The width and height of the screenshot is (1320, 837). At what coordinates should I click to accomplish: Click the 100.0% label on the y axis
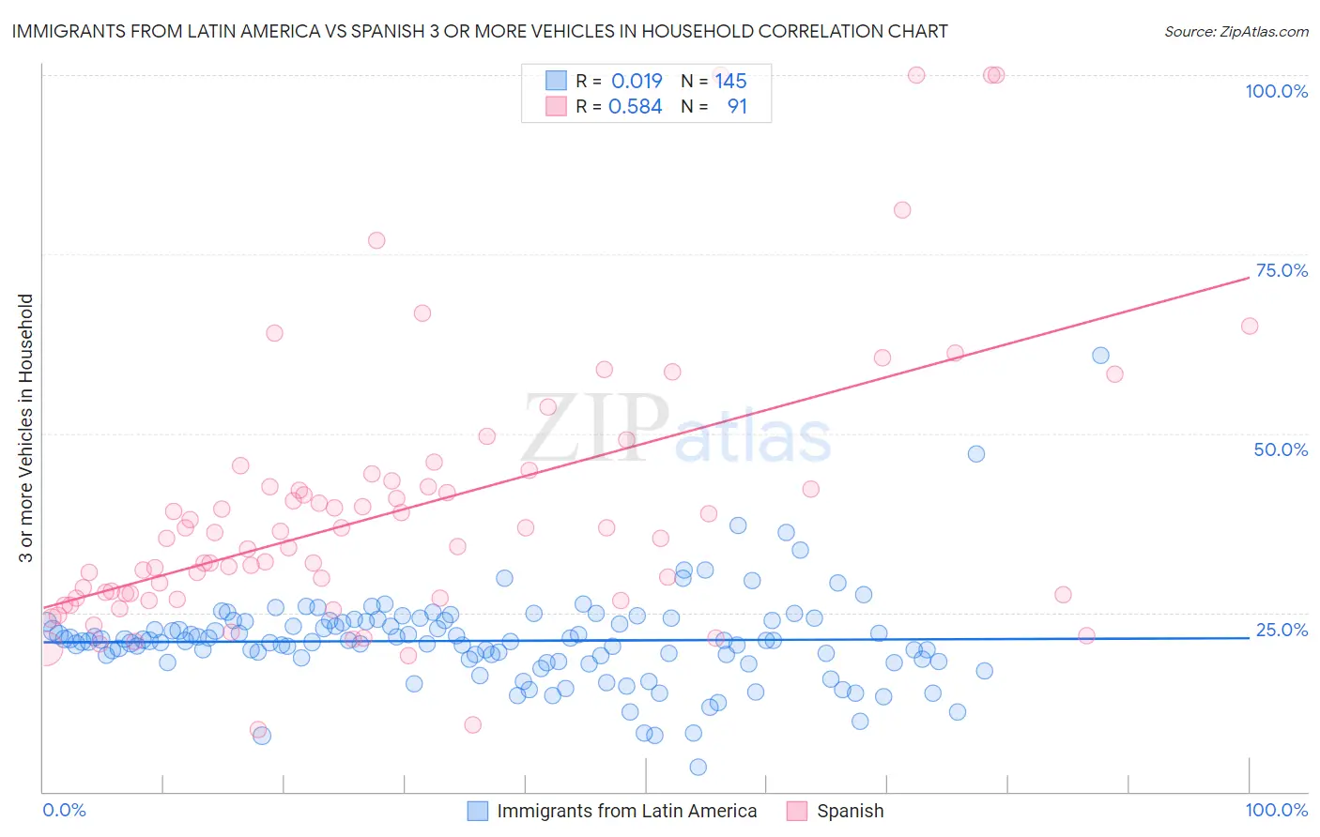tap(1276, 91)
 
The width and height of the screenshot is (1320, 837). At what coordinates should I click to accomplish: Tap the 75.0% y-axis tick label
tap(1282, 270)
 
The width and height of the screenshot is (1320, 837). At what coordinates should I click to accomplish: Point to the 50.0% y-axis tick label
tap(1281, 449)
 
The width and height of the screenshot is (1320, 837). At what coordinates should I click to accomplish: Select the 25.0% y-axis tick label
tap(1282, 630)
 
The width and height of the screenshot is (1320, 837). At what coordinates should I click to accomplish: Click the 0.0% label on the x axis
tap(64, 810)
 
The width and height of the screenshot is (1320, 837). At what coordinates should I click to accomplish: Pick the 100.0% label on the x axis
tap(1276, 810)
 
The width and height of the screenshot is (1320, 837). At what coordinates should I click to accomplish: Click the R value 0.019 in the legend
tap(637, 81)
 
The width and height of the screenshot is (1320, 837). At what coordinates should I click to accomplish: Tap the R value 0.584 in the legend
tap(636, 106)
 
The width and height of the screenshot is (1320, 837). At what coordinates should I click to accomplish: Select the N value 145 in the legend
tap(730, 81)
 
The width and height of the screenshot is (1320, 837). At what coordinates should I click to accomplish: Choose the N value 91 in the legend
tap(737, 106)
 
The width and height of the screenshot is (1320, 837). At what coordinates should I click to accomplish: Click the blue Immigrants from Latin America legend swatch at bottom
tap(478, 811)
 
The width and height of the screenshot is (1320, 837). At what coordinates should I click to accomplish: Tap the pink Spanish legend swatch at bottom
tap(797, 811)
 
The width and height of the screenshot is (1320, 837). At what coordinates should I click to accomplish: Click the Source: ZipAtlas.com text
tap(1236, 31)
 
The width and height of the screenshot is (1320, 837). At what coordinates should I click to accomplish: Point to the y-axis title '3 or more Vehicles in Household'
tap(26, 428)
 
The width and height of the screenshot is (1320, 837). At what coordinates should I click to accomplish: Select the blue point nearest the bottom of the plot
tap(698, 768)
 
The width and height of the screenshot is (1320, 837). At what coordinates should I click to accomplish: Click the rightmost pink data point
tap(1250, 326)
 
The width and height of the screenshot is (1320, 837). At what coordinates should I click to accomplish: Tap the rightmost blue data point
tap(1100, 355)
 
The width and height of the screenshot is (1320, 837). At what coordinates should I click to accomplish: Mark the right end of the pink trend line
tap(1250, 277)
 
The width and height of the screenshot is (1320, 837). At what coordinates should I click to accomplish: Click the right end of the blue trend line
tap(1250, 637)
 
